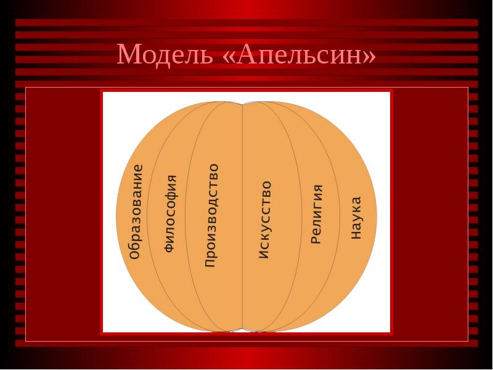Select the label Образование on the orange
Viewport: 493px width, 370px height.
click(136, 212)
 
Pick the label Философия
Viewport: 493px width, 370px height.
click(170, 213)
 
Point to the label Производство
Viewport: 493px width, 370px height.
click(211, 215)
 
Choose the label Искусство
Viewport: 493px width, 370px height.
click(264, 220)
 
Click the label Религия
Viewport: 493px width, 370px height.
click(316, 214)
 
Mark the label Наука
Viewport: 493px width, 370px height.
click(356, 218)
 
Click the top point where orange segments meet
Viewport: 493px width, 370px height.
click(242, 102)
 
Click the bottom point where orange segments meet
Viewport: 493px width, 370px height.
click(242, 331)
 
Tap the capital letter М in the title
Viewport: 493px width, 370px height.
click(128, 55)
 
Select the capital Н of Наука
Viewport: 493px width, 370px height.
click(356, 234)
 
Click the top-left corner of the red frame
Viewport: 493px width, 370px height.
click(102, 91)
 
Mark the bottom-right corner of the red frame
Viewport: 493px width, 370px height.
click(391, 333)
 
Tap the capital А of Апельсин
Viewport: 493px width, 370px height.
click(246, 55)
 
